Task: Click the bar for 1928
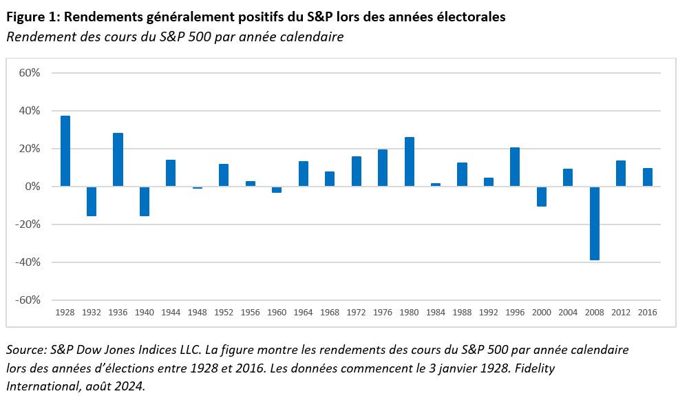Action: point(65,151)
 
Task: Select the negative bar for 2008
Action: point(594,223)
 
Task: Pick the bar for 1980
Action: point(409,162)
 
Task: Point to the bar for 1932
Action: point(92,201)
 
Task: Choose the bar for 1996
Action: point(515,167)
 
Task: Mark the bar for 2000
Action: point(541,196)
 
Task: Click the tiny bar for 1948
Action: point(198,187)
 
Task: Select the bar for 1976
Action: point(383,168)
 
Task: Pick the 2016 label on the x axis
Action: point(647,312)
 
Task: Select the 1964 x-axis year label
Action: point(303,312)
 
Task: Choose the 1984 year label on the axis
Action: point(436,312)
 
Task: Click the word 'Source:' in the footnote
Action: point(26,350)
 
